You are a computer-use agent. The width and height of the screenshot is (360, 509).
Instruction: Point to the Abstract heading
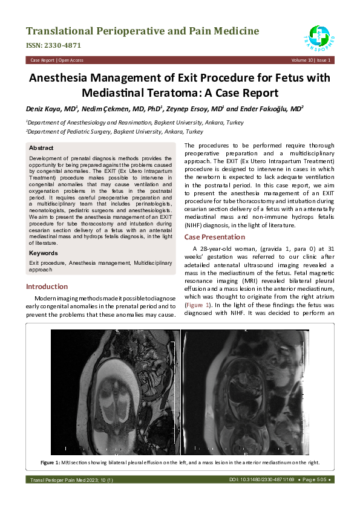click(41, 148)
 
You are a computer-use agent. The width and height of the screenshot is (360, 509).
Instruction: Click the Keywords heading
click(44, 253)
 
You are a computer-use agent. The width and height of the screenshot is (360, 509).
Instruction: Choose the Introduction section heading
click(47, 287)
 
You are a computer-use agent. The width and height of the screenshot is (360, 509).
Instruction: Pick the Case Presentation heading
click(215, 237)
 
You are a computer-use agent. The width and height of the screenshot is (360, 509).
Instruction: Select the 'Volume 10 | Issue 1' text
click(311, 60)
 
